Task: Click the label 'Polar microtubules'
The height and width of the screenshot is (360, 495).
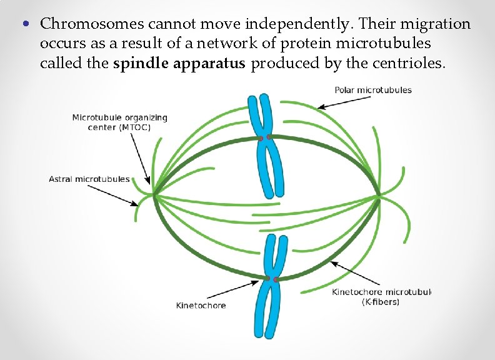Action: pyautogui.click(x=373, y=90)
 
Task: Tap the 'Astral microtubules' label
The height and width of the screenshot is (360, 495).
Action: pyautogui.click(x=89, y=179)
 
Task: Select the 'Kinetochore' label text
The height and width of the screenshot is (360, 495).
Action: pyautogui.click(x=201, y=306)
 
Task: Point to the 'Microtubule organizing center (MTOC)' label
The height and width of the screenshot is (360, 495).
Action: pyautogui.click(x=120, y=122)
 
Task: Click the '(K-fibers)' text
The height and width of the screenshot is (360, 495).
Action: pyautogui.click(x=381, y=302)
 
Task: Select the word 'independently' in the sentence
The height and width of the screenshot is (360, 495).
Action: pyautogui.click(x=292, y=24)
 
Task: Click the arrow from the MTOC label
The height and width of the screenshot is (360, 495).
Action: pyautogui.click(x=141, y=156)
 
